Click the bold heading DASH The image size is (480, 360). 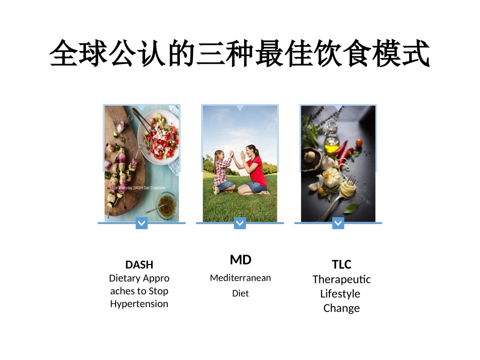(x=139, y=265)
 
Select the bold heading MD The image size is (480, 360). (x=241, y=260)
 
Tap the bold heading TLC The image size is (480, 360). (x=342, y=265)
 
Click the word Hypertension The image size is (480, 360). (x=139, y=304)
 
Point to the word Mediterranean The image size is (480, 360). (x=241, y=278)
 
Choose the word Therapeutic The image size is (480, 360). (x=342, y=279)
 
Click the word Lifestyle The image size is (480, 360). (x=340, y=294)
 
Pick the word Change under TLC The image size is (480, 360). (x=342, y=308)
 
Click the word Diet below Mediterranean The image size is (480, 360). (x=241, y=293)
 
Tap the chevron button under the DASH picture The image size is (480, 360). (x=141, y=223)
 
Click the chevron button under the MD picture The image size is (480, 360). (x=240, y=223)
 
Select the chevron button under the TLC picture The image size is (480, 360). (x=338, y=223)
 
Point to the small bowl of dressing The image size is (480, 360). (x=165, y=204)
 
